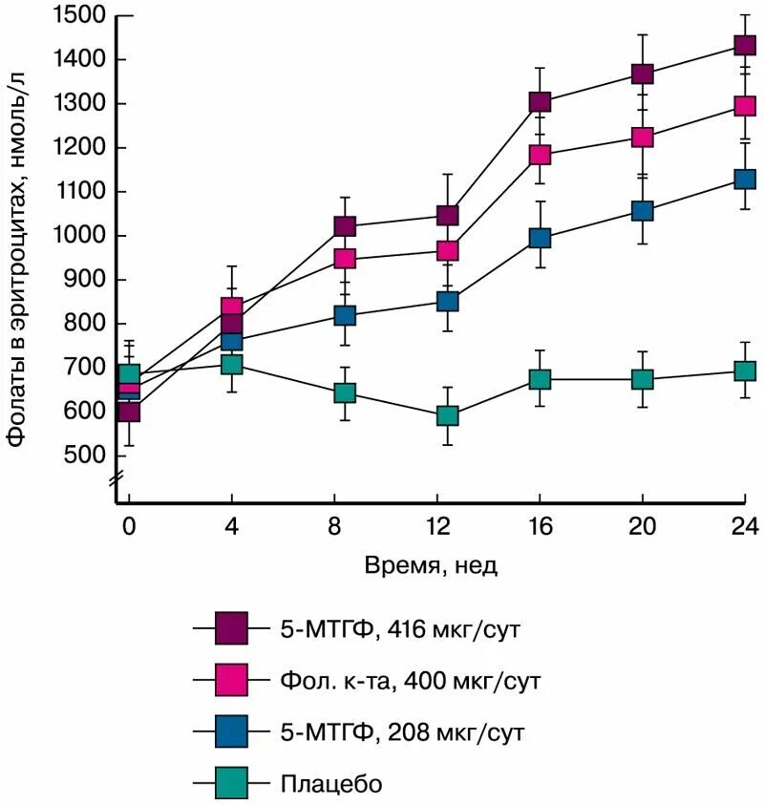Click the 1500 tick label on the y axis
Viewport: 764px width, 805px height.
pos(80,15)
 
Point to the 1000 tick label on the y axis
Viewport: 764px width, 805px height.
pos(80,235)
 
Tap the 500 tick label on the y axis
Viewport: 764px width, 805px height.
pos(86,455)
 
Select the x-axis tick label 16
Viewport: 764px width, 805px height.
pos(540,524)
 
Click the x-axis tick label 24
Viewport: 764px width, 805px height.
pos(744,524)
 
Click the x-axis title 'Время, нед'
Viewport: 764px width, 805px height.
pos(432,564)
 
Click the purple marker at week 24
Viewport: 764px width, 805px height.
pos(745,45)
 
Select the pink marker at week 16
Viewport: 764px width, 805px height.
pos(541,155)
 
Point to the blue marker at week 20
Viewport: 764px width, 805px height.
pos(643,210)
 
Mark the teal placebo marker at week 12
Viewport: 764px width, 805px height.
pos(447,415)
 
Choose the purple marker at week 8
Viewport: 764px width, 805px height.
pos(345,226)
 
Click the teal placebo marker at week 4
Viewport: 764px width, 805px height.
pos(232,364)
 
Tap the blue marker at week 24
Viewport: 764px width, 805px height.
pos(745,179)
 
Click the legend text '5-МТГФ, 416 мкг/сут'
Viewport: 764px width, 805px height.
pos(402,629)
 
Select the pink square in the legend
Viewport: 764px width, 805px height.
pos(232,681)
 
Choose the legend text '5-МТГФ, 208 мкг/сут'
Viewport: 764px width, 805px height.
pos(402,732)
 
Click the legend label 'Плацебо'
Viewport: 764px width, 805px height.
pos(331,784)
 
